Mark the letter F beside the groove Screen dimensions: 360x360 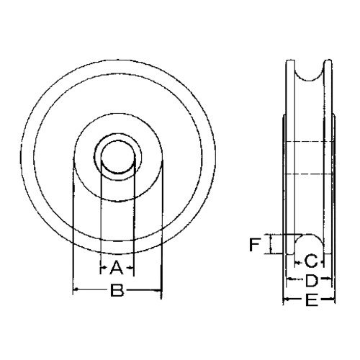[x=254, y=245]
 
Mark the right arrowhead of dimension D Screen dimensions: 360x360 [x=328, y=279]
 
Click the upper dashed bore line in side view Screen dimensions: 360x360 [x=307, y=140]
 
